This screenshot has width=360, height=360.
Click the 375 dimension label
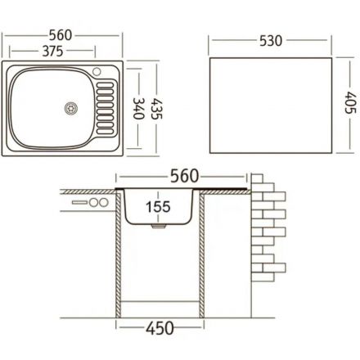(52, 51)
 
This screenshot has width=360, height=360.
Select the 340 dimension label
(138, 108)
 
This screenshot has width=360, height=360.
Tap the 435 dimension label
(157, 109)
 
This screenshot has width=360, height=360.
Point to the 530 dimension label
(271, 41)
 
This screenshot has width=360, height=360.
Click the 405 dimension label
(350, 102)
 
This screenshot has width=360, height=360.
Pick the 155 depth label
(158, 207)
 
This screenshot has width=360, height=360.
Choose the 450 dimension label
(160, 328)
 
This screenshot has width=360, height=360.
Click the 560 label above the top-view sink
(61, 35)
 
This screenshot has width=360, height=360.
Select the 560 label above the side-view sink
(185, 176)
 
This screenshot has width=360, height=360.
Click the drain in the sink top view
(71, 108)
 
